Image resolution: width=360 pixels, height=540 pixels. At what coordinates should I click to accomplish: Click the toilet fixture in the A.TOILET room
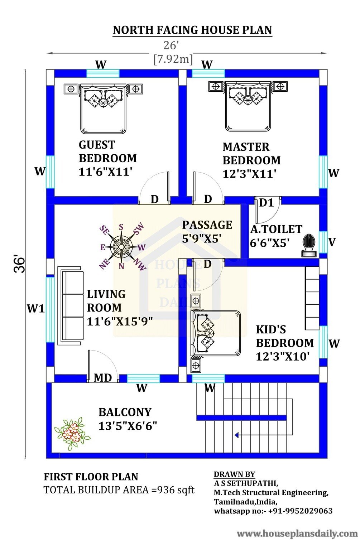pos(309,245)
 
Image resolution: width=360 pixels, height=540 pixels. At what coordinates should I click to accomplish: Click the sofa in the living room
pos(71,306)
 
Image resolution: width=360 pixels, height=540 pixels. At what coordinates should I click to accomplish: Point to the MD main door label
pos(103,378)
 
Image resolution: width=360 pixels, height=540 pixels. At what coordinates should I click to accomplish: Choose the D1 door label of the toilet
pos(267,203)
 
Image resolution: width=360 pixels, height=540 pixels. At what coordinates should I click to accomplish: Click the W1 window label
pos(36,308)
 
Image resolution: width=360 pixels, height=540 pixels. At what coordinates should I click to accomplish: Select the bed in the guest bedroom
pos(103,109)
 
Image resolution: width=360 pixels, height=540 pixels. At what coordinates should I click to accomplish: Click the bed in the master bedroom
pos(248,106)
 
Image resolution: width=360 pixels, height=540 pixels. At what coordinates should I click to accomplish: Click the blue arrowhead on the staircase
pos(236,435)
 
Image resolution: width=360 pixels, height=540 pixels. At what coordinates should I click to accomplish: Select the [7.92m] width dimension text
pos(173,59)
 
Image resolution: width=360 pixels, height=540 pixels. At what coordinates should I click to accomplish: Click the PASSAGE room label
pos(207,225)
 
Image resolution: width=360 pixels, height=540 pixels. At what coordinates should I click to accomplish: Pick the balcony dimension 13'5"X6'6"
pos(128,426)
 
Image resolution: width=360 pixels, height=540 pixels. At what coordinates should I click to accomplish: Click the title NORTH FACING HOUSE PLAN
pos(192,30)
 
